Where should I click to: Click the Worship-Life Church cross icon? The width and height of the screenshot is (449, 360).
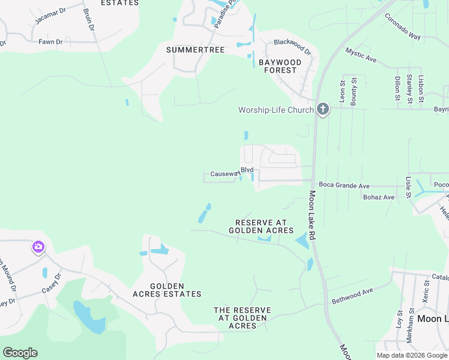323,109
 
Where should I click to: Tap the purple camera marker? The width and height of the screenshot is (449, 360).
38,247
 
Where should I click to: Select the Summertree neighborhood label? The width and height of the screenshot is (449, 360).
195,50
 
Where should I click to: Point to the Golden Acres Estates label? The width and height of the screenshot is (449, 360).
166,290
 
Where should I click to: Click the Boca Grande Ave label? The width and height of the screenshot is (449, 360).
344,186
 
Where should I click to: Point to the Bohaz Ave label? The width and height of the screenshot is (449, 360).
378,197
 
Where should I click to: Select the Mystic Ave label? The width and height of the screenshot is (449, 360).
361,55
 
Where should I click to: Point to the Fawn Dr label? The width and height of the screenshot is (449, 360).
50,42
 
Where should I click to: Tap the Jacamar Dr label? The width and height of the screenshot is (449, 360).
48,18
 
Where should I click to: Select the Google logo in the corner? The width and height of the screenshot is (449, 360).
20,353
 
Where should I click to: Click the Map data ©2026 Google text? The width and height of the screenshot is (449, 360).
412,355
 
